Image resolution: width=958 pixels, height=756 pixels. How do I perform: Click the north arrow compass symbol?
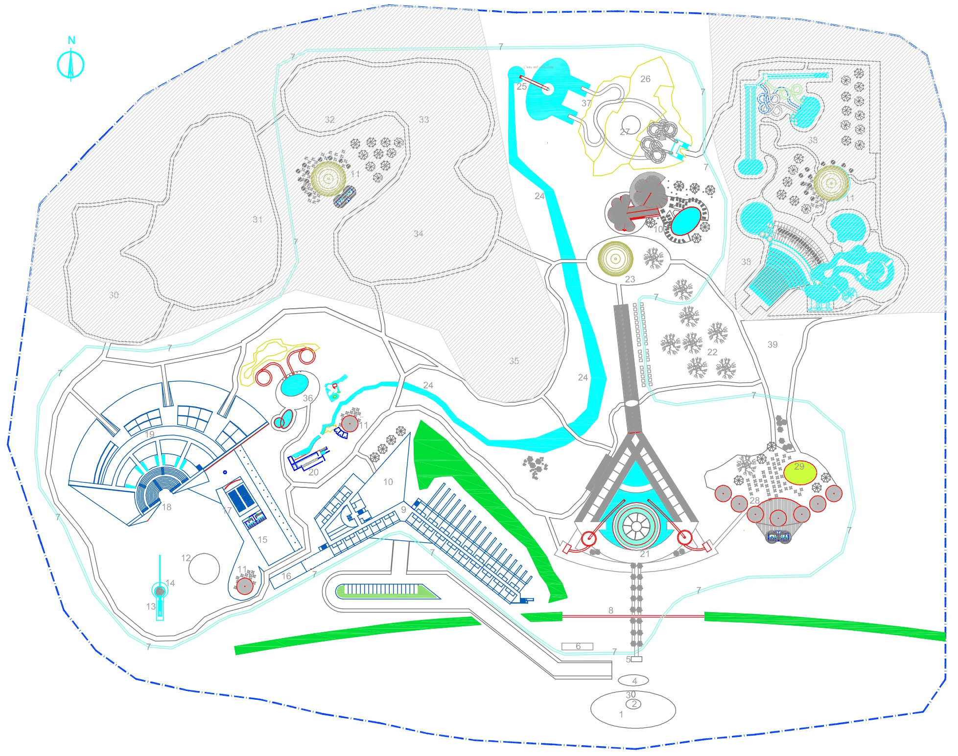[x=70, y=65]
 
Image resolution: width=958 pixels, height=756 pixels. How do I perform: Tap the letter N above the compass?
[x=71, y=40]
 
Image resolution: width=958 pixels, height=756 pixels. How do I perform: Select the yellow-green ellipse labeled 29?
[x=800, y=472]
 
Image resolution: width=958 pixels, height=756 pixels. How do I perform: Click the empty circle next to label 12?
[x=204, y=569]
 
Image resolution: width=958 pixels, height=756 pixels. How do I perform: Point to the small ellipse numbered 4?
[x=634, y=680]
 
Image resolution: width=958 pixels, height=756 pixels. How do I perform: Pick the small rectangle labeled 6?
[x=578, y=646]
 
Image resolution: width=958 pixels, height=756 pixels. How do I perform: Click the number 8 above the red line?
[x=611, y=610]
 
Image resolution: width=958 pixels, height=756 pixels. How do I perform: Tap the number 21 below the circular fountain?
[x=644, y=554]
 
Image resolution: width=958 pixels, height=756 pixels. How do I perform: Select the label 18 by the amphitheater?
[x=166, y=507]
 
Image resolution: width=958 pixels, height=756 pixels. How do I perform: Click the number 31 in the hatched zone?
[x=257, y=220]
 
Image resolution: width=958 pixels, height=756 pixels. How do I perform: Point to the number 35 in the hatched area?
[x=514, y=361]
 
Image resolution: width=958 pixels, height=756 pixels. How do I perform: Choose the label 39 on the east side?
[x=772, y=344]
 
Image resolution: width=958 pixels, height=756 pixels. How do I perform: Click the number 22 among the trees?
[x=712, y=352]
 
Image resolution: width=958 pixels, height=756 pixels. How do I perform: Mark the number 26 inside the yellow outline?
[x=646, y=79]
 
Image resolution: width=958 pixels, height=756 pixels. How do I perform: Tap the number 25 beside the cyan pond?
[x=522, y=87]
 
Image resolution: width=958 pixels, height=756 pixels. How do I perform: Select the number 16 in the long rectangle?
[x=286, y=576]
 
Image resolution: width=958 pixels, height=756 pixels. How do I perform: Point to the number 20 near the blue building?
[x=313, y=472]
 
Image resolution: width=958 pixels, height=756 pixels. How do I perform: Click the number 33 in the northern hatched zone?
[x=424, y=119]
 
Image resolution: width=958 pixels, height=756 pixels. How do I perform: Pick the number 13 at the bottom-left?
[x=151, y=606]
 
